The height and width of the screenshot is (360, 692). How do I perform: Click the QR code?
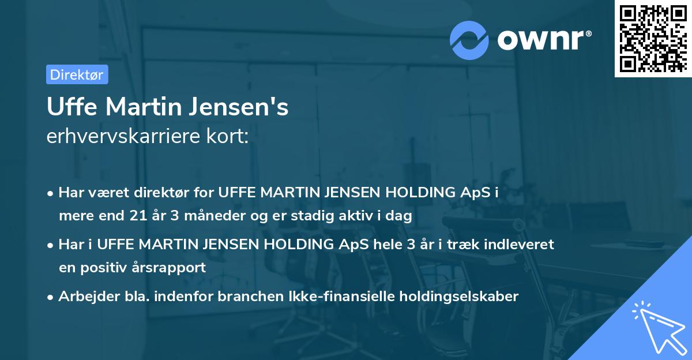tap(653, 39)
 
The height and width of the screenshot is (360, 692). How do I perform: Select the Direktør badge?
tap(77, 74)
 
